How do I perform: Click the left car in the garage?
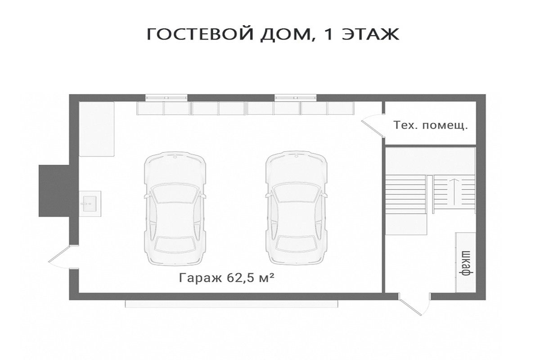click(175, 208)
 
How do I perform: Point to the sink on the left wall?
click(90, 204)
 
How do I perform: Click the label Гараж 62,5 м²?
click(226, 278)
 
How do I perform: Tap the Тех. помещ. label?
click(430, 126)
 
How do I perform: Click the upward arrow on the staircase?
click(454, 192)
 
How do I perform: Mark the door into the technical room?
click(373, 126)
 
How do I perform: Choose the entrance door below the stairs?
click(414, 304)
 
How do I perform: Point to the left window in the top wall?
click(166, 98)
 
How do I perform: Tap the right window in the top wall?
click(296, 98)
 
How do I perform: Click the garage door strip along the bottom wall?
click(231, 304)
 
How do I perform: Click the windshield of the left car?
click(175, 193)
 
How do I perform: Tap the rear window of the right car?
click(297, 244)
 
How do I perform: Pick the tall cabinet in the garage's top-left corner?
click(97, 129)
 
